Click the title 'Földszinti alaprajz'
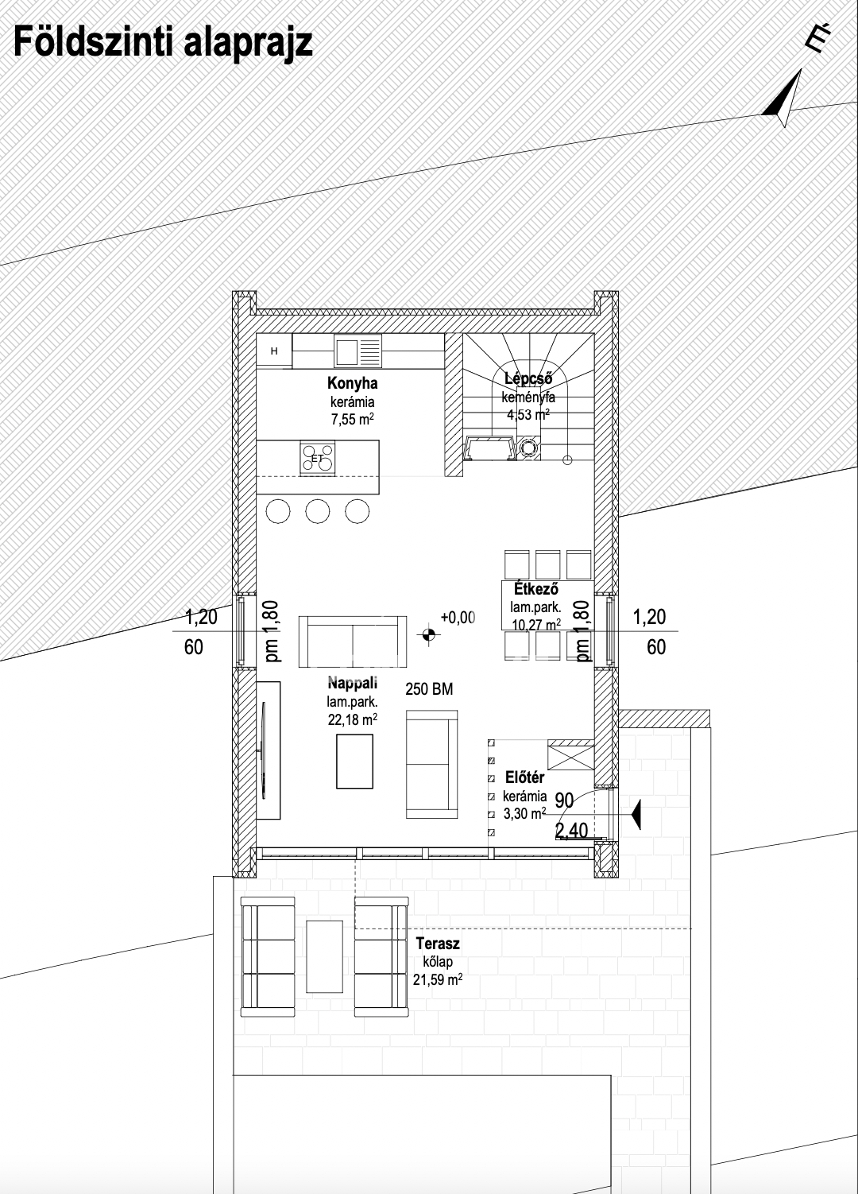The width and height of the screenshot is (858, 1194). point(162,44)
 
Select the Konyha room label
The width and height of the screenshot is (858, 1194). point(352,383)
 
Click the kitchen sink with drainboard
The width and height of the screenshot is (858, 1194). point(358,351)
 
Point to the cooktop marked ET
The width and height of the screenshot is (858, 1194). point(318,458)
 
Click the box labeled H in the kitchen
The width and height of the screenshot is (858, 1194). point(274,351)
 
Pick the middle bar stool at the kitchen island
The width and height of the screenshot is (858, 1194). point(318,511)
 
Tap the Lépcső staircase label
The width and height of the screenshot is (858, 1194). point(528,378)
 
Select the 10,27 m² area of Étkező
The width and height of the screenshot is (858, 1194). point(535,624)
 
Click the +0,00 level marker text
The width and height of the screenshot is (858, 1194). point(458,617)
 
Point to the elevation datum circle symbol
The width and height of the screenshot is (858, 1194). point(429,635)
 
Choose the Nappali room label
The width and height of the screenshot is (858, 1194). point(352,683)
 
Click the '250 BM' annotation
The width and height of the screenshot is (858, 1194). point(429,689)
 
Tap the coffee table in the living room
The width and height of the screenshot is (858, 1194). point(354,762)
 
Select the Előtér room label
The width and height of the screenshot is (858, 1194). point(524,777)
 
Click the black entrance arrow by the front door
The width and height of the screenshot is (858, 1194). point(636,815)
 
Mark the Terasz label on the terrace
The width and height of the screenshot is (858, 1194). point(438,944)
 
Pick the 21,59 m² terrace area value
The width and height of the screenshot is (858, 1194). point(438,979)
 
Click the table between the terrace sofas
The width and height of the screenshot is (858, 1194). point(324,956)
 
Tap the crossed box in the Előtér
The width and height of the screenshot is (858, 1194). point(570,754)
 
